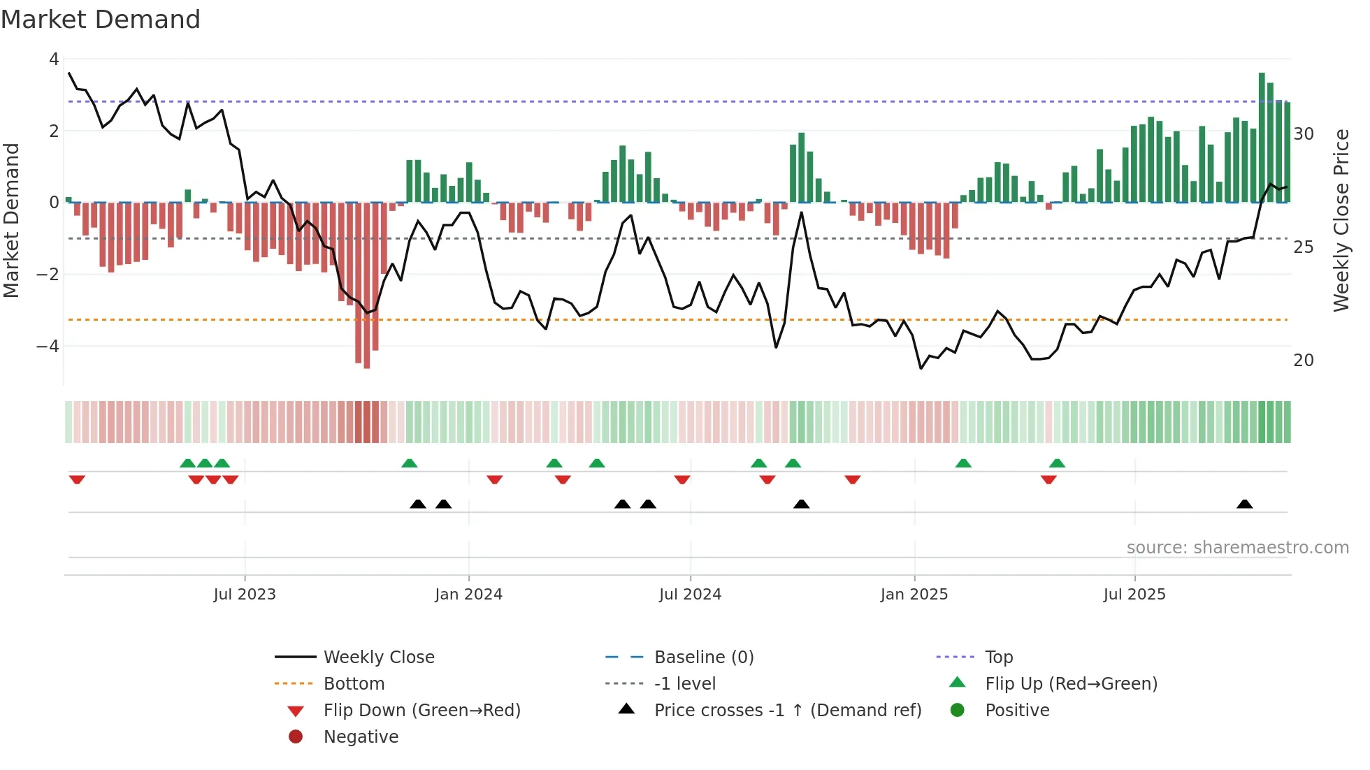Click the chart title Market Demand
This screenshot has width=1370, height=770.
(101, 19)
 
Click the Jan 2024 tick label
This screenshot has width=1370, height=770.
(468, 595)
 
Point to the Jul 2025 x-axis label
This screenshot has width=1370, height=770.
(1134, 595)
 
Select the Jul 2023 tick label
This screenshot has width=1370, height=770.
(245, 595)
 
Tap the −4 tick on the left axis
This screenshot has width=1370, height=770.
(48, 347)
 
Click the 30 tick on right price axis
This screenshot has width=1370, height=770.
(1304, 133)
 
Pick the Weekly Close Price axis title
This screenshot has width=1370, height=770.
(1341, 220)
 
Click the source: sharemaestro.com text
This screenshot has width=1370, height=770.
(1237, 547)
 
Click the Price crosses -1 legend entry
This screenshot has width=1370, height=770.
(787, 710)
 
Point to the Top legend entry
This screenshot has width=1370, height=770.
(999, 657)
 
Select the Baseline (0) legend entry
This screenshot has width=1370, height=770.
(703, 657)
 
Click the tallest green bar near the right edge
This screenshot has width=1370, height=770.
(1262, 137)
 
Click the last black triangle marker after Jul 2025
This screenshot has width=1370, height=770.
(1244, 504)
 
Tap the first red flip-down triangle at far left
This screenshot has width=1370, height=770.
(77, 479)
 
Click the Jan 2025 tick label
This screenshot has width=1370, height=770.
(914, 595)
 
